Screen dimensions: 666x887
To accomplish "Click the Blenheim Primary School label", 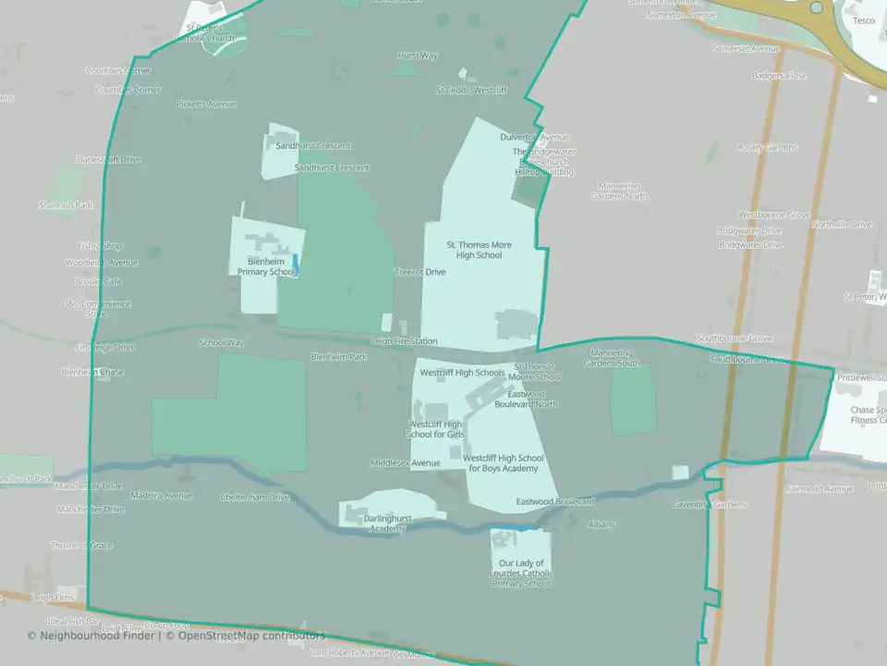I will tap(265, 267).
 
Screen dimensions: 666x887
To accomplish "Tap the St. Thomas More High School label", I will tap(479, 250).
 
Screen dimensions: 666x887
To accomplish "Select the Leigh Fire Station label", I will tap(405, 341).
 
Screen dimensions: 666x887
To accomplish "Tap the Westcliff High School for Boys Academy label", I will tap(504, 462).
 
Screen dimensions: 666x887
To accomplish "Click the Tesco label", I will tap(864, 20).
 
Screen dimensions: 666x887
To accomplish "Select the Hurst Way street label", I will tap(417, 55).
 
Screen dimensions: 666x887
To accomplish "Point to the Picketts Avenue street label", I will tap(207, 104).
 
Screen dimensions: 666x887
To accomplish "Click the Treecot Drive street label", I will tap(420, 272).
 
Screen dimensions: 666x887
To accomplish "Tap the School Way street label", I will tap(222, 342).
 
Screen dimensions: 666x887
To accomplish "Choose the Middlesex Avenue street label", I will tap(406, 462).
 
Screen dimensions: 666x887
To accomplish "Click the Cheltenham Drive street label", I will tap(255, 497).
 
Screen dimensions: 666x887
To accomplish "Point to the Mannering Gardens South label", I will tap(611, 358).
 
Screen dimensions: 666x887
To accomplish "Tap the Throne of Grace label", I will tap(81, 546).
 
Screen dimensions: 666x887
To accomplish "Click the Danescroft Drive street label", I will tap(109, 159).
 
